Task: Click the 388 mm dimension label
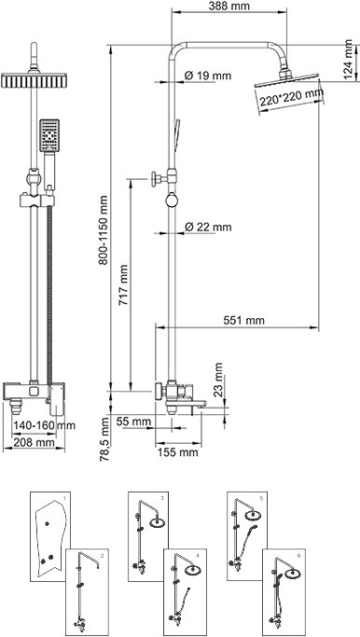tap(229, 7)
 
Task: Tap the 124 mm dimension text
tap(349, 60)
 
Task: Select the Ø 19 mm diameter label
tap(207, 76)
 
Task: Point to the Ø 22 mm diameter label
tap(208, 227)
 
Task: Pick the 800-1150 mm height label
tap(104, 230)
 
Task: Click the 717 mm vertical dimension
tap(123, 285)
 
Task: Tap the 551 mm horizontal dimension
tap(243, 321)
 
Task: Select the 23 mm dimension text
tap(218, 379)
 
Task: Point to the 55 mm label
tap(133, 422)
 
